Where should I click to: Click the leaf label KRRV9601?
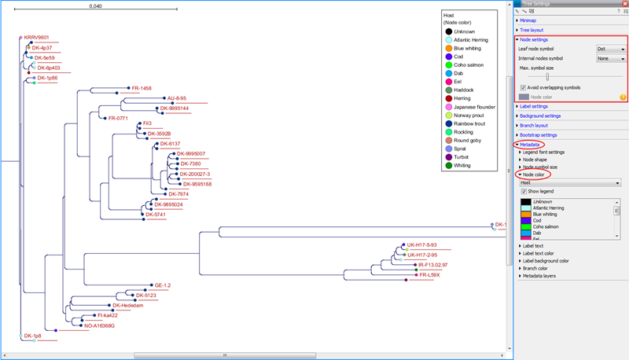pos(36,37)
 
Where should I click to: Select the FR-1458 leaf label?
pos(142,88)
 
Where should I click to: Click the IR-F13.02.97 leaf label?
pos(432,266)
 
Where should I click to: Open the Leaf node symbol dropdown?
pos(610,49)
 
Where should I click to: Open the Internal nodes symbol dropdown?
pos(610,58)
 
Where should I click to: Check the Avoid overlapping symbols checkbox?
pos(524,87)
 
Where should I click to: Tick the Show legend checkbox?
pos(524,191)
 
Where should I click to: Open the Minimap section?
pos(528,20)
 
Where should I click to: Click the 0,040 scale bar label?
pos(96,6)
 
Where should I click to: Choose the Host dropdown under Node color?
pos(570,182)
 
